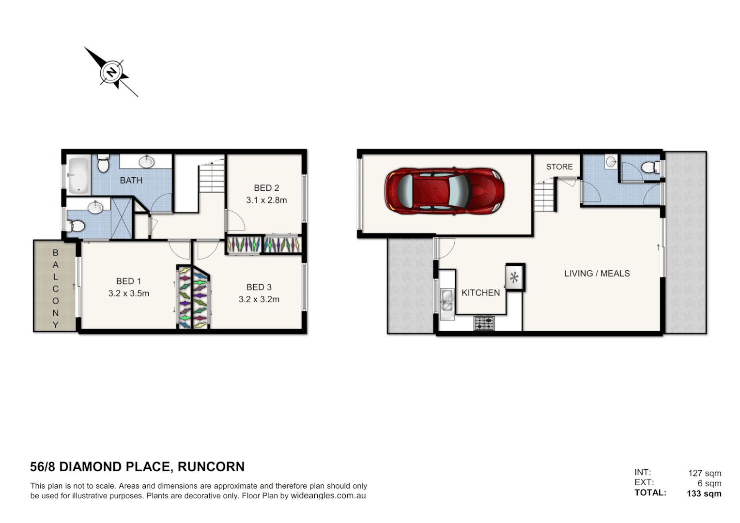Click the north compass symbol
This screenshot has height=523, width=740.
pos(112,73)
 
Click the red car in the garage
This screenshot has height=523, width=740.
pos(444,191)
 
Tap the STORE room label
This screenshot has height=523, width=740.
pos(559,167)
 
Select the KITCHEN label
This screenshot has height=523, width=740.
pos(480,292)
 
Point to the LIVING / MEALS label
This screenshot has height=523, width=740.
pos(597,274)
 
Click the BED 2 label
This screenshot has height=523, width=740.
pos(266,188)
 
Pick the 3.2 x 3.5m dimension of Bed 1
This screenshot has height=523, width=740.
pos(129,293)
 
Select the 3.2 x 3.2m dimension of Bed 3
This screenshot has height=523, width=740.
pos(259,299)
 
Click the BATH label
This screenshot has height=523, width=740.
pos(131,180)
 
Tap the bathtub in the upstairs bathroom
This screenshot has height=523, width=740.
pos(78,175)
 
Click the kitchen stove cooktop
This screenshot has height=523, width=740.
pos(484,323)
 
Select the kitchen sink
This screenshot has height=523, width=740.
pos(447,300)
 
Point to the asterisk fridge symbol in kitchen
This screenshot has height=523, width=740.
pos(514,277)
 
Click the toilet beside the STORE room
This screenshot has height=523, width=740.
pos(649,168)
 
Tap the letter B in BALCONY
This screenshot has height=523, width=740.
pos(55,253)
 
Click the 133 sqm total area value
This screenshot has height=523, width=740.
pos(704,493)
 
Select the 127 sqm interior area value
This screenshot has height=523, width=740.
pos(705,473)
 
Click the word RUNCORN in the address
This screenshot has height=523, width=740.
pos(211,467)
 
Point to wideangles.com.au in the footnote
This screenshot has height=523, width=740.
pos(328,496)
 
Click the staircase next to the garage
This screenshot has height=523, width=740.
pos(544,196)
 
